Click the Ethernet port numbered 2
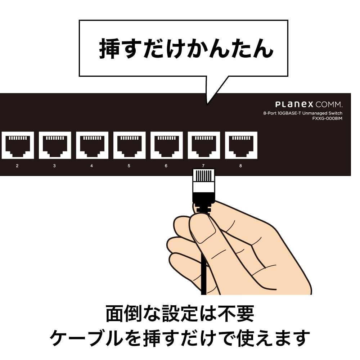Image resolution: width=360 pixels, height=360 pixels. click(18, 145)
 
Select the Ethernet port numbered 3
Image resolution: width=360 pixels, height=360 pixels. click(55, 145)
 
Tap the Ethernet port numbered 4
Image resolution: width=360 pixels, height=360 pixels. click(92, 145)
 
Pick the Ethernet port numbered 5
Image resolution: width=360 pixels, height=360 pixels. click(129, 145)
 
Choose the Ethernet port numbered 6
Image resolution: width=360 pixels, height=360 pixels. click(166, 145)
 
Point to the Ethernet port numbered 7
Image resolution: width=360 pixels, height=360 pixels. click(203, 145)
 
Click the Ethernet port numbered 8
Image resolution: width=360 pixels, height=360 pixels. click(241, 145)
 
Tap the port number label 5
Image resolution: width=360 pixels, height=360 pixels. click(129, 166)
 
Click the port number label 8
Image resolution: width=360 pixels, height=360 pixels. click(240, 166)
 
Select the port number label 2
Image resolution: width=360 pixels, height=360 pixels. click(17, 166)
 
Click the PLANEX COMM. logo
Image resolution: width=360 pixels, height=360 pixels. click(309, 105)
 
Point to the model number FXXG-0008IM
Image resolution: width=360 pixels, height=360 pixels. click(327, 118)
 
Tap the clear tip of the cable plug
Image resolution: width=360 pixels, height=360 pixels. click(204, 176)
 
